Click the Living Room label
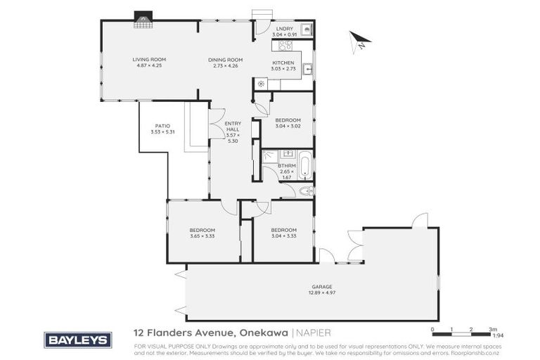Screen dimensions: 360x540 tap(148, 59)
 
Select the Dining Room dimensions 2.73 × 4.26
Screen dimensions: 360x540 tap(225, 65)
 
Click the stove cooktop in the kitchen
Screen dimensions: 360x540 tap(285, 46)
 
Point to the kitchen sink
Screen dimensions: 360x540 tap(307, 68)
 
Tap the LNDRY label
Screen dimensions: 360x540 tap(284, 28)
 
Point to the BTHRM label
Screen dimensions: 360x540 tap(285, 165)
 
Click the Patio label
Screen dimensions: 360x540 tap(162, 126)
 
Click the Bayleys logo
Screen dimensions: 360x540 tap(77, 340)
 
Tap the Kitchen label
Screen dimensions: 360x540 tap(284, 63)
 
